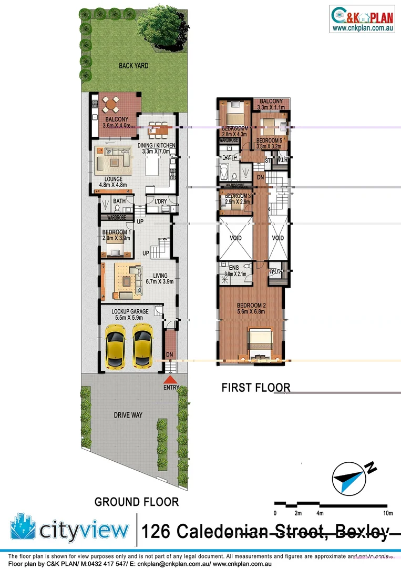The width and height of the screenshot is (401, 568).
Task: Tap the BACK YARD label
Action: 133,66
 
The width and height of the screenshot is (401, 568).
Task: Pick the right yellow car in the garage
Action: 142,346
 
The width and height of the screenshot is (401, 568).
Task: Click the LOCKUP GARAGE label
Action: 130,312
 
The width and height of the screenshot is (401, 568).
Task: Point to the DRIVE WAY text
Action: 128,415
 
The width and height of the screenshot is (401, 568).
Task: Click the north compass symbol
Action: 349,480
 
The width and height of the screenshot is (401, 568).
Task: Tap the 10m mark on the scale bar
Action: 388,513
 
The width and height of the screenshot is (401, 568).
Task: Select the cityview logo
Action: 69,530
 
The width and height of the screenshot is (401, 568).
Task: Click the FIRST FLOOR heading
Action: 255,388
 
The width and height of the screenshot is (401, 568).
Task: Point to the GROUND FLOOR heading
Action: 137,502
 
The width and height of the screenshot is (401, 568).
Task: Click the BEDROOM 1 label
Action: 116,232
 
